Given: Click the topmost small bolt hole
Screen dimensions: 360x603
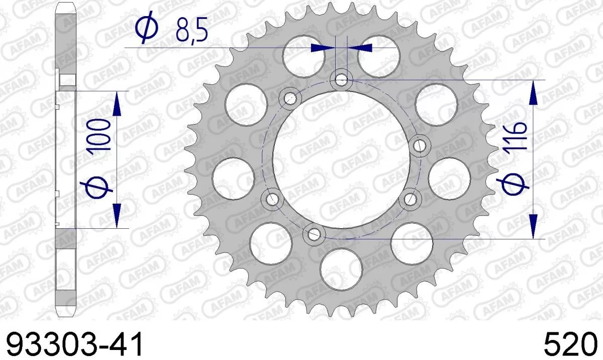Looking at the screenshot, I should pyautogui.click(x=342, y=79).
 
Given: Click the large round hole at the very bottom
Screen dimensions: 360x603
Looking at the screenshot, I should pyautogui.click(x=342, y=266).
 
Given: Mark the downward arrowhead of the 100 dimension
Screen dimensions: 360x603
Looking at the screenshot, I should pyautogui.click(x=117, y=216).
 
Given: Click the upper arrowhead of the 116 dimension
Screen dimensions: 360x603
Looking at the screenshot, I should pyautogui.click(x=533, y=93).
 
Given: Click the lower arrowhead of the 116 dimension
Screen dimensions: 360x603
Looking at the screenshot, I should pyautogui.click(x=533, y=226).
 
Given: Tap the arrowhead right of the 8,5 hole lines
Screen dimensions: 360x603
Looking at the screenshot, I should pyautogui.click(x=361, y=48).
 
